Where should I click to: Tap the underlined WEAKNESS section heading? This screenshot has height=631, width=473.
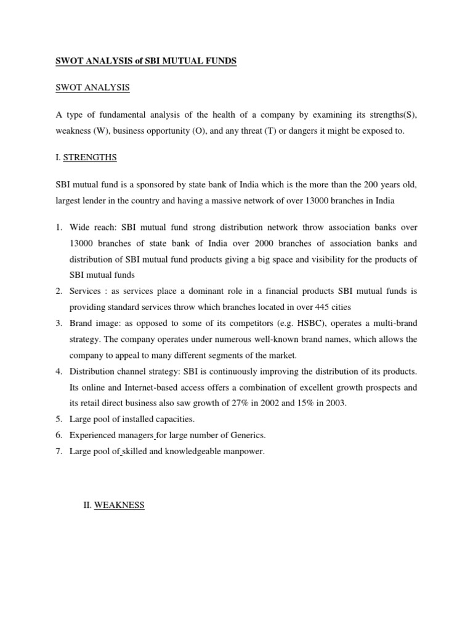point(119,505)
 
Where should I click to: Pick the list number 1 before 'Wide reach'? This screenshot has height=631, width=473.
point(57,227)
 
